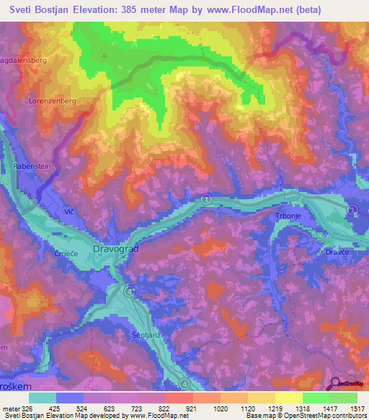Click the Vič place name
click(70, 213)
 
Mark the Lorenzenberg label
click(51, 102)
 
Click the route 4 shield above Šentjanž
click(129, 292)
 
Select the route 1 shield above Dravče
click(352, 209)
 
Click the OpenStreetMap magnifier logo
click(334, 384)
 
